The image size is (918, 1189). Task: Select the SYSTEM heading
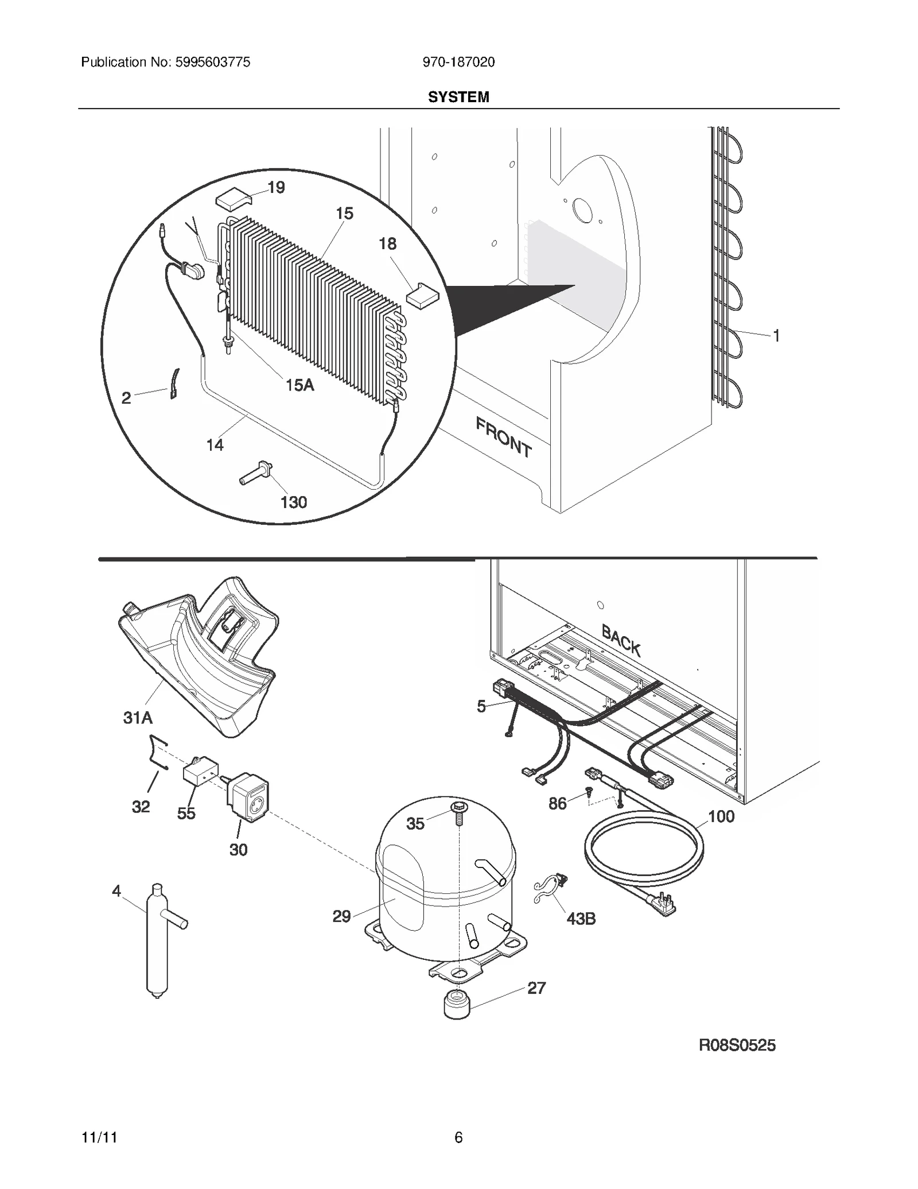coord(458,97)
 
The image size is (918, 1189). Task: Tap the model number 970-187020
coord(458,62)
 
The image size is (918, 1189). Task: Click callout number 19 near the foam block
coord(276,188)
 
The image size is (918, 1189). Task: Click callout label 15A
coord(300,385)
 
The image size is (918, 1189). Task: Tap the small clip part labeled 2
coord(174,383)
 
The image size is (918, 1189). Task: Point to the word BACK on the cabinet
coord(621,640)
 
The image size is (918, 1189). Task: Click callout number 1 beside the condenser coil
coord(776,336)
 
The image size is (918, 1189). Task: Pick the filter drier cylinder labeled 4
coord(157,942)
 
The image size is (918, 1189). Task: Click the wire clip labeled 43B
coord(549,889)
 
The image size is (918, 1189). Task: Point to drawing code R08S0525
coord(737,1045)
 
